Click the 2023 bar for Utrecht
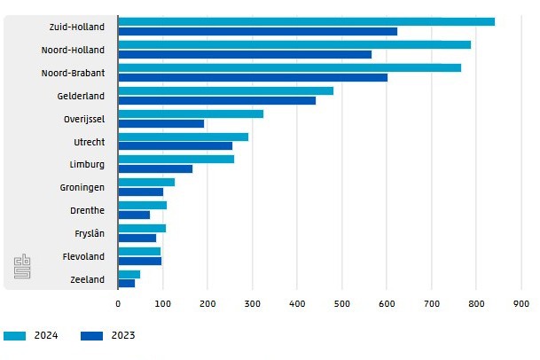coord(175,146)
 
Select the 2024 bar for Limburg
coord(176,160)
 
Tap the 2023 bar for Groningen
coord(140,192)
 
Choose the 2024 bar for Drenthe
coord(142,206)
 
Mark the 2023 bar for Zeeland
coord(126,284)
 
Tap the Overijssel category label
coord(83,119)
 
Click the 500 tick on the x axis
coord(341,303)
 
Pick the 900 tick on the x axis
coord(520,303)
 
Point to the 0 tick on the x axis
coord(118,303)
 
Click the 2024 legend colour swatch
coord(16,336)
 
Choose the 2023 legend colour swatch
coord(91,336)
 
